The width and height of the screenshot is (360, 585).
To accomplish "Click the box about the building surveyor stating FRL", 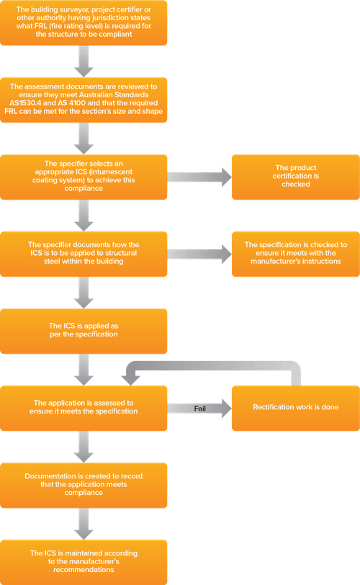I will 84,22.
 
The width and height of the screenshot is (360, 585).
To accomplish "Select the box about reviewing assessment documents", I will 84,98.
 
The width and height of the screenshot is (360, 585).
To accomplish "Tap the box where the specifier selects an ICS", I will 84,175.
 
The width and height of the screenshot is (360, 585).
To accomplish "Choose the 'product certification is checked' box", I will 295,175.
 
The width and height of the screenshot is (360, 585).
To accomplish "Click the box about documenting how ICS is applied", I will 84,253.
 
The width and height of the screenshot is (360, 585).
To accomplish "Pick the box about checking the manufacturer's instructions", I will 295,253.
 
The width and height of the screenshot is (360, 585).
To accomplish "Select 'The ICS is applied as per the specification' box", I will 84,330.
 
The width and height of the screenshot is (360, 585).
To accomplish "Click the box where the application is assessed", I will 84,408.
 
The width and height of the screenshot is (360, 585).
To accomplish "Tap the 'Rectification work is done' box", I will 295,408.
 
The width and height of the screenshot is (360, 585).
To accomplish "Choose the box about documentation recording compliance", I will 84,485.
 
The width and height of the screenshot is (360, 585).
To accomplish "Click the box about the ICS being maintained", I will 84,561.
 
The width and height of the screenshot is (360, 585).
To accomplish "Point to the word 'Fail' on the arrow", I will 200,408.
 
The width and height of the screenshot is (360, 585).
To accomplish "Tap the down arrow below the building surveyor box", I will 85,60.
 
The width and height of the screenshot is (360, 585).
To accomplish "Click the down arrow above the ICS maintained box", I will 85,523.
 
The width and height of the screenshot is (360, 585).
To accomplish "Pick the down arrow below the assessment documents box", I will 85,137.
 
